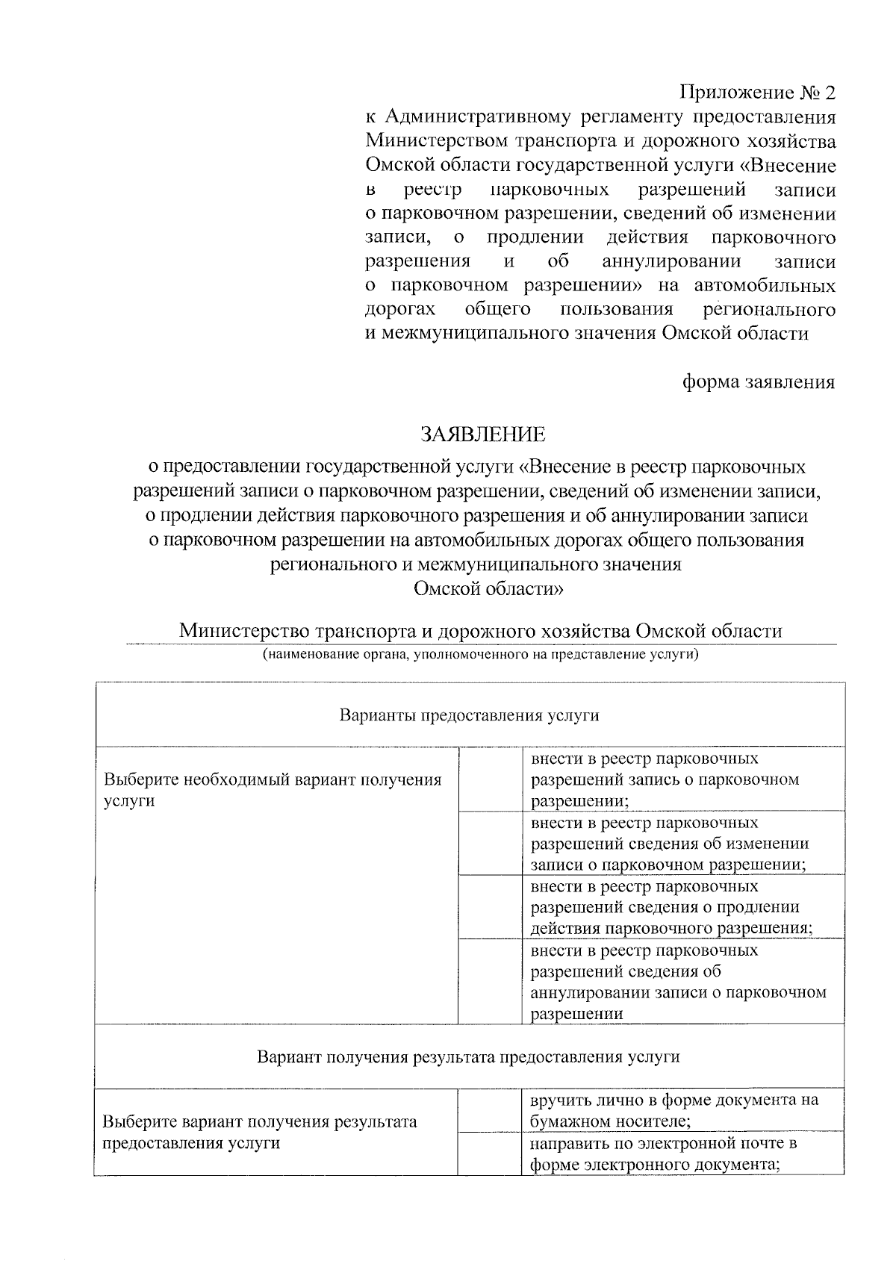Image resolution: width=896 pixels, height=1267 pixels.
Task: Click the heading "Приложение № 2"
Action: click(x=757, y=93)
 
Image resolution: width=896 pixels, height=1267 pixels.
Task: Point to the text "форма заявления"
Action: click(x=759, y=382)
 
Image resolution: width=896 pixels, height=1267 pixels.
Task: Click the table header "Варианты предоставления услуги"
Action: click(x=470, y=715)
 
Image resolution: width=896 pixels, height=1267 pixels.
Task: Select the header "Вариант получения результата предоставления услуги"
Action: click(x=469, y=1056)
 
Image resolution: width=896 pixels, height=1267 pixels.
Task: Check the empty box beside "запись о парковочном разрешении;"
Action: click(x=489, y=779)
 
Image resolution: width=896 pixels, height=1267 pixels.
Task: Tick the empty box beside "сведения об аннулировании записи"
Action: click(x=489, y=981)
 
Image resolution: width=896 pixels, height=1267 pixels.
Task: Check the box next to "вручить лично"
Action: click(x=489, y=1110)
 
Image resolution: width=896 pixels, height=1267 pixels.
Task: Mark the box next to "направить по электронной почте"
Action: click(x=489, y=1154)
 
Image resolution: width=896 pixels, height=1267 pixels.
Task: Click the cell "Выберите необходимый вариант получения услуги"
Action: click(x=273, y=790)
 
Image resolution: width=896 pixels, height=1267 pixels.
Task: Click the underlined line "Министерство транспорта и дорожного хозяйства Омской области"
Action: click(x=480, y=631)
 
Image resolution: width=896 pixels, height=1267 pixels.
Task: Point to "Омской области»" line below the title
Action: click(x=489, y=588)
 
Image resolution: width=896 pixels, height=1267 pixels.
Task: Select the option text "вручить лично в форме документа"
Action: click(x=674, y=1101)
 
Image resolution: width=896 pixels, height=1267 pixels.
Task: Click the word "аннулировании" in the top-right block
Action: click(x=671, y=261)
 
